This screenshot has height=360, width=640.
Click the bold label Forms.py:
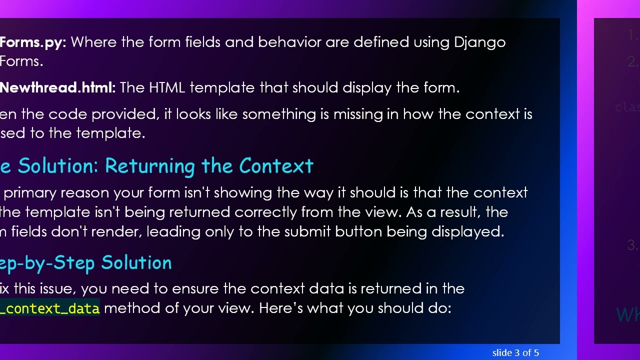tap(33, 42)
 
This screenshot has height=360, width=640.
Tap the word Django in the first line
tap(479, 42)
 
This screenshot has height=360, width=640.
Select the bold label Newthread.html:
tap(57, 88)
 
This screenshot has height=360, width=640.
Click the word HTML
tap(167, 88)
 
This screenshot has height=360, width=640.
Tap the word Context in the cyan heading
tap(276, 166)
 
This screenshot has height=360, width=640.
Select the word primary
tap(32, 193)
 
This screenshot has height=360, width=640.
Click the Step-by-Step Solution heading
tap(85, 263)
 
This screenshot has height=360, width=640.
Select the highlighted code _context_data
tap(49, 308)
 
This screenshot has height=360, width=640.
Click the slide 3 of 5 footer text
tap(515, 353)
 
